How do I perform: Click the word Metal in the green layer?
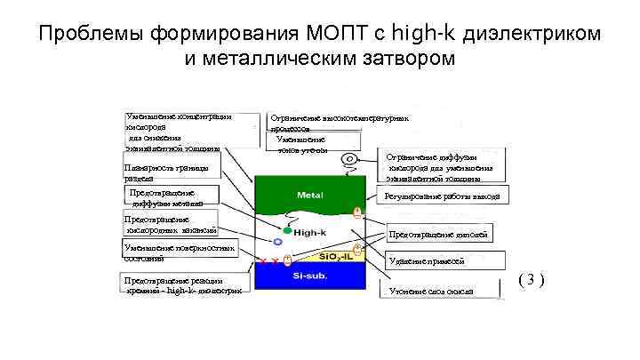pyautogui.click(x=309, y=194)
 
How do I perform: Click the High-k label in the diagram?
pyautogui.click(x=309, y=231)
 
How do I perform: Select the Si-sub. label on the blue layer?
pyautogui.click(x=309, y=276)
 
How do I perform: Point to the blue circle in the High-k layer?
pyautogui.click(x=277, y=241)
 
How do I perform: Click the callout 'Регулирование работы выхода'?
pyautogui.click(x=442, y=196)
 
